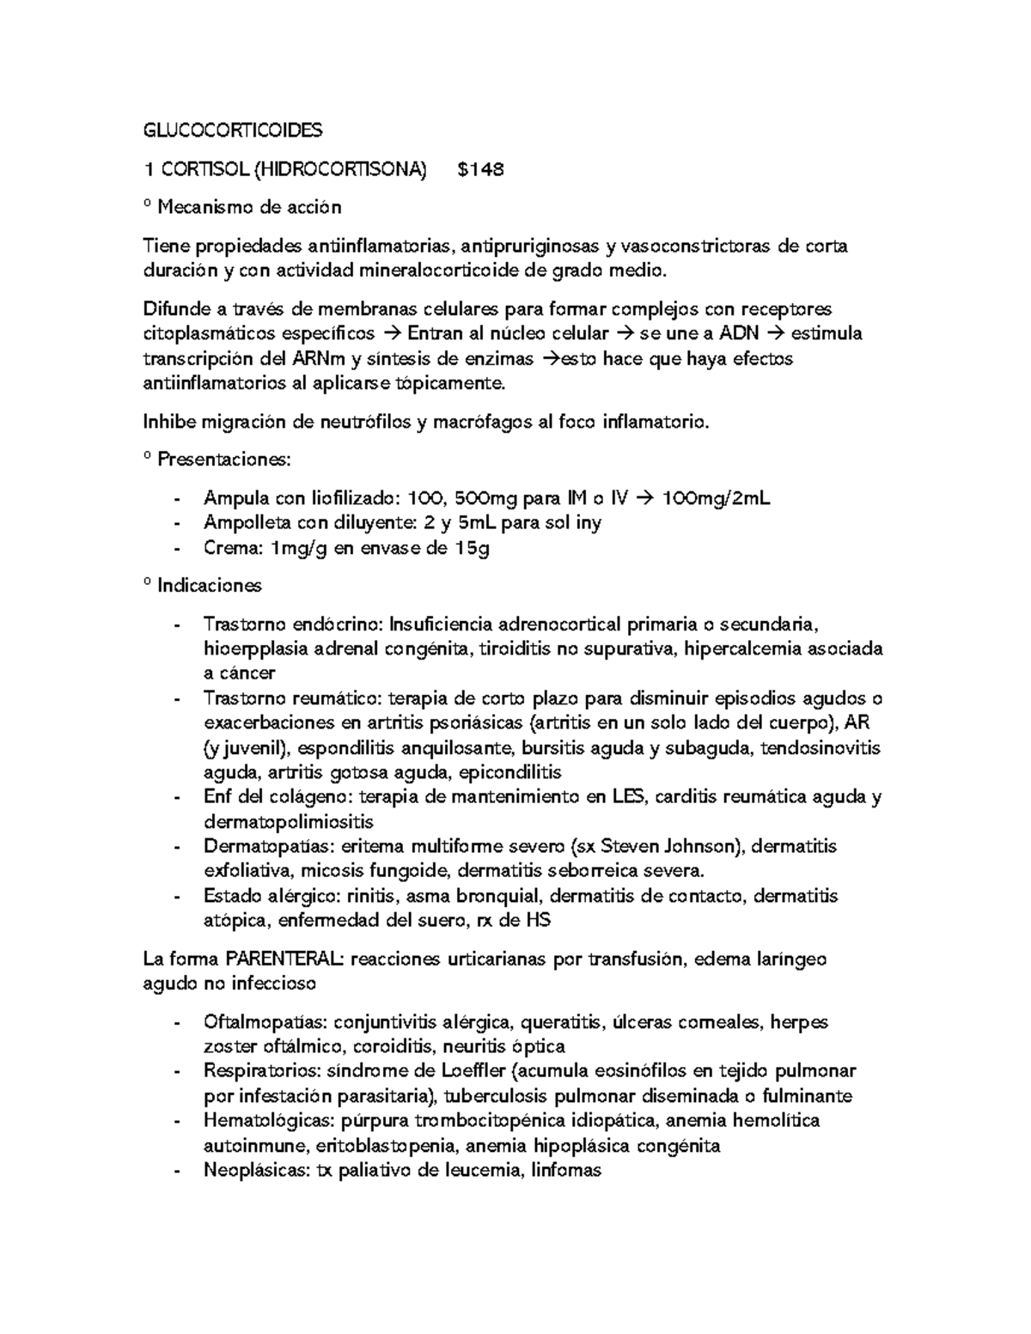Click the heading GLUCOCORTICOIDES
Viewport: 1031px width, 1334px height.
232,131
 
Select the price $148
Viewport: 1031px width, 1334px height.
480,170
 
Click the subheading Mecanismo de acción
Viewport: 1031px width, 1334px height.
248,207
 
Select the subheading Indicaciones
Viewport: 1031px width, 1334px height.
209,586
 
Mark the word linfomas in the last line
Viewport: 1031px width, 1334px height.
567,1170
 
